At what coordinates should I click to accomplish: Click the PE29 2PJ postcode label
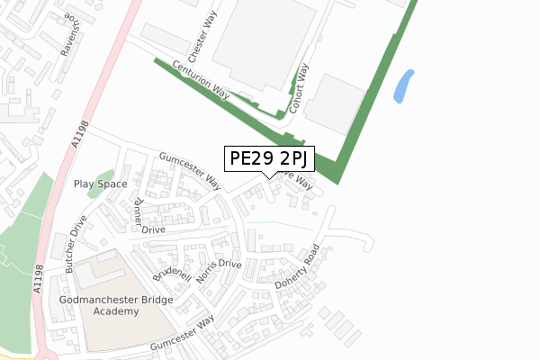click(269, 159)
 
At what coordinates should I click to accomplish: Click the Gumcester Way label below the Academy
click(183, 332)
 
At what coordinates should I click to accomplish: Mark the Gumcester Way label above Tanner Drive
click(190, 170)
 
